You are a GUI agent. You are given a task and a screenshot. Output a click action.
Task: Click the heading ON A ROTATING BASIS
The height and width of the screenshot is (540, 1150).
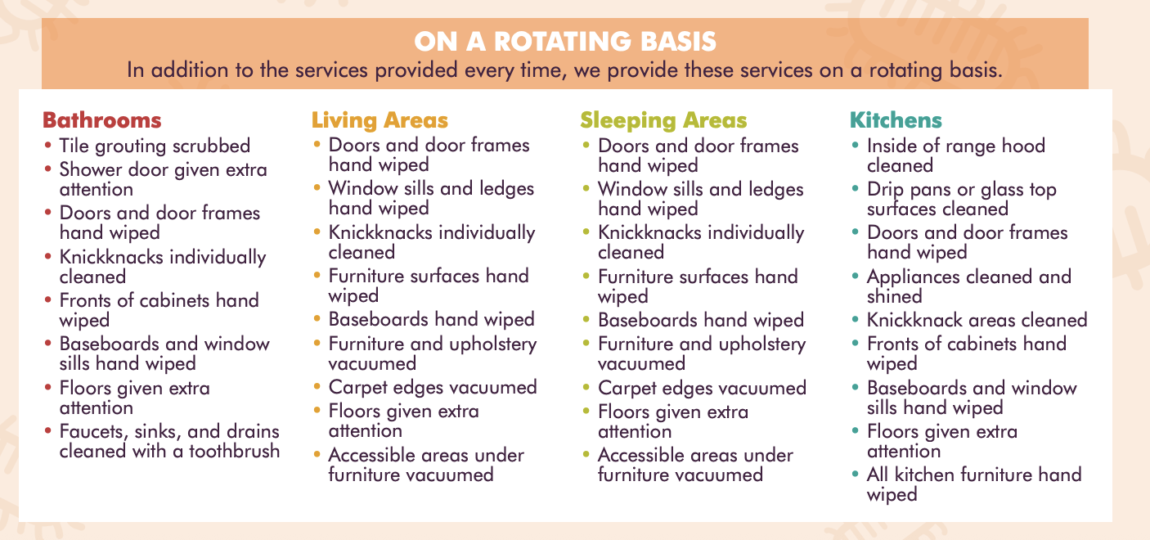tap(565, 41)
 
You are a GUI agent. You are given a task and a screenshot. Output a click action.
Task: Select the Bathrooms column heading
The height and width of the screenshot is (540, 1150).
tap(101, 120)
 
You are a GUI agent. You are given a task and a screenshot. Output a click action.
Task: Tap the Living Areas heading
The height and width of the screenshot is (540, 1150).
tap(380, 120)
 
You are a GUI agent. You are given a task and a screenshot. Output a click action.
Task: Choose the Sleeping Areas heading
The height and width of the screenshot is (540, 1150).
tap(663, 120)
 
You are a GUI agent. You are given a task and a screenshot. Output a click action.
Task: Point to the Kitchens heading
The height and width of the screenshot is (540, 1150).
tap(896, 120)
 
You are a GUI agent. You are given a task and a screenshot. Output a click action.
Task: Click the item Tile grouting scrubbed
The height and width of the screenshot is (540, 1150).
tap(155, 146)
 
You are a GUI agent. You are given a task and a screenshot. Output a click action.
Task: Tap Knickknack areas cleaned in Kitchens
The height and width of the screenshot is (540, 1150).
tap(977, 320)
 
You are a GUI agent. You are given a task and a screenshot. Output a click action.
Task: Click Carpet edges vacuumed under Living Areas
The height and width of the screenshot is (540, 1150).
tap(432, 387)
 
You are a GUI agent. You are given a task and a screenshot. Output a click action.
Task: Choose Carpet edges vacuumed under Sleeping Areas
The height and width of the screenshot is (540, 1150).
tap(702, 388)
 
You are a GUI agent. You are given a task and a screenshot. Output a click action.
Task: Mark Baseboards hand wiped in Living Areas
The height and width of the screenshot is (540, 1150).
tap(431, 319)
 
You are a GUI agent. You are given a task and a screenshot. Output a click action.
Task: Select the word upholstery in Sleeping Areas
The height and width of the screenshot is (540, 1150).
tap(758, 344)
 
